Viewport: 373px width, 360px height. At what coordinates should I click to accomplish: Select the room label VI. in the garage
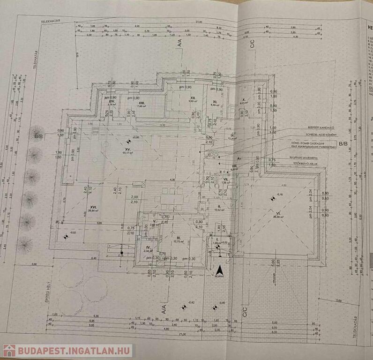[x=277, y=213]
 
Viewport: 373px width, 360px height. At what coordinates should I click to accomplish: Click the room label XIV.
[x=112, y=101]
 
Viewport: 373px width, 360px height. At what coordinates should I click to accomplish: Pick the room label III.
[x=178, y=238]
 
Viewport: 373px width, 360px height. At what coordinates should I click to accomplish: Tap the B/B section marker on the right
[x=343, y=143]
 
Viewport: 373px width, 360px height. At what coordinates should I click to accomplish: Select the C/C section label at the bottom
[x=244, y=310]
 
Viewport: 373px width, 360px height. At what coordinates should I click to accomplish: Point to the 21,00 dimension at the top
[x=199, y=22]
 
